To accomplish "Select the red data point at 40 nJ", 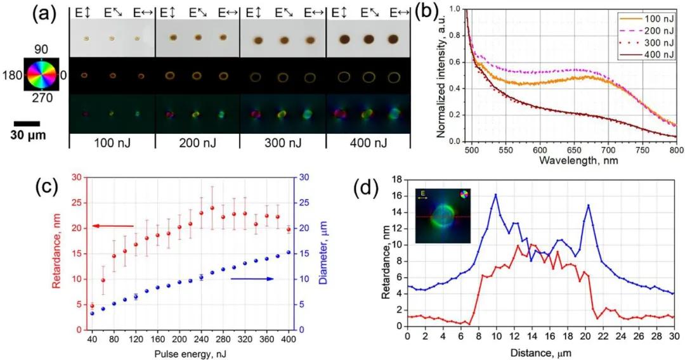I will pyautogui.click(x=92, y=306).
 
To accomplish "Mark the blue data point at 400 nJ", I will pyautogui.click(x=289, y=252).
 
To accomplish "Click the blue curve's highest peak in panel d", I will pyautogui.click(x=495, y=195).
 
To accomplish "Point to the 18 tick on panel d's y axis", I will pyautogui.click(x=398, y=179).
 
